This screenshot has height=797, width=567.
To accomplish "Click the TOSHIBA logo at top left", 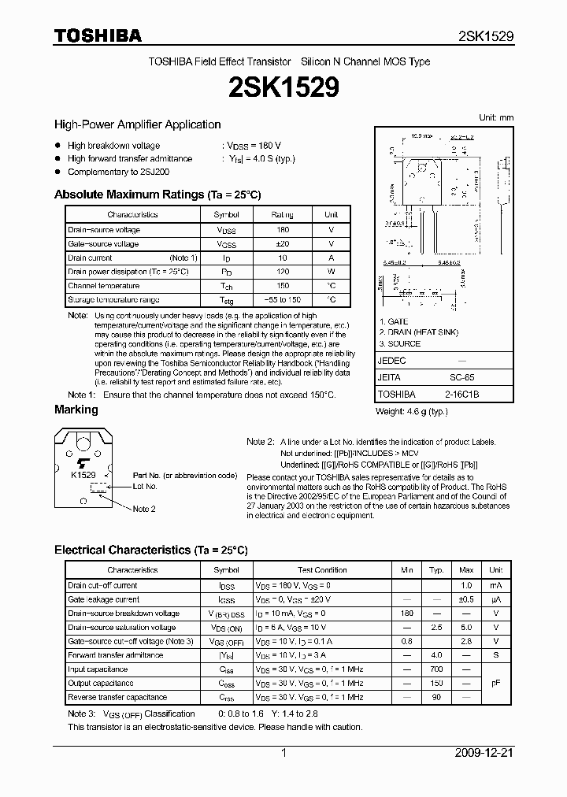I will click(x=98, y=35).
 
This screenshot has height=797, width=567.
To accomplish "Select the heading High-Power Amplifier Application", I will click(x=137, y=124).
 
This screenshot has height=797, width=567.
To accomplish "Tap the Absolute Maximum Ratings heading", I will click(x=157, y=195).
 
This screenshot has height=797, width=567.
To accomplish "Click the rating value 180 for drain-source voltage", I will click(x=282, y=229).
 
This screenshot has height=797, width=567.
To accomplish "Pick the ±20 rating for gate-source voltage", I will click(x=282, y=243).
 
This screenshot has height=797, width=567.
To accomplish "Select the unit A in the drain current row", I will click(x=332, y=258).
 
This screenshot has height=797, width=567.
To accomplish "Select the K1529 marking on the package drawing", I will click(x=83, y=475).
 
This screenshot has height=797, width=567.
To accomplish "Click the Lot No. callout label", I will click(x=145, y=487).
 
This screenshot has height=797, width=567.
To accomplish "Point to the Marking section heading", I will click(x=76, y=410).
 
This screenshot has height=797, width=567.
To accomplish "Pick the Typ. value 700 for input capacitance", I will click(x=436, y=669).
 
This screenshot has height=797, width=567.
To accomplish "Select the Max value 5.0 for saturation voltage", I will click(x=466, y=628).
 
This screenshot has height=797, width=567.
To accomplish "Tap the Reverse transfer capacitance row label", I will click(x=117, y=697).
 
